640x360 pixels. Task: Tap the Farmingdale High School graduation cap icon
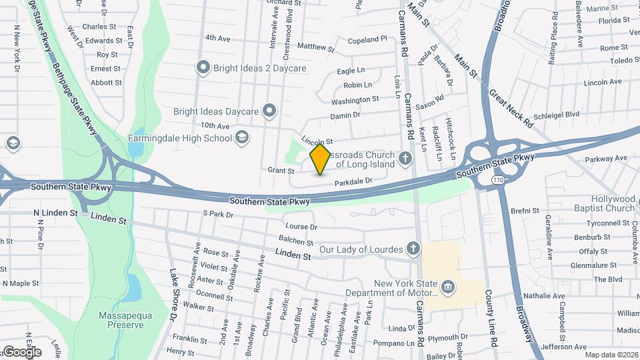[242, 138]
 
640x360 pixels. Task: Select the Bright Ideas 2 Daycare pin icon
[203, 67]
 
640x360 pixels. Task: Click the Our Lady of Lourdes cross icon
[413, 249]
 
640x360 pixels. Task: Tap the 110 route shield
[500, 181]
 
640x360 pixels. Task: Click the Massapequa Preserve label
[121, 319]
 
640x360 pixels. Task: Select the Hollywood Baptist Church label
[613, 203]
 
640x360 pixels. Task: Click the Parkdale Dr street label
[352, 181]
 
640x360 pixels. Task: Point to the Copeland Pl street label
[367, 39]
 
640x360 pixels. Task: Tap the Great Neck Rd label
[512, 106]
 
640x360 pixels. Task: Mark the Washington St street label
[355, 100]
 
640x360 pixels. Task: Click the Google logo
[22, 351]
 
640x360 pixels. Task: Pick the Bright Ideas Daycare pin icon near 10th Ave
[269, 111]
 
